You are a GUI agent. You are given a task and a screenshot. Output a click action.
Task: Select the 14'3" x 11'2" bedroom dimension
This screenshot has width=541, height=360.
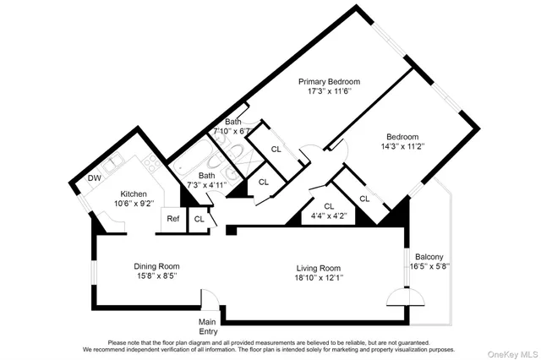click(x=402, y=146)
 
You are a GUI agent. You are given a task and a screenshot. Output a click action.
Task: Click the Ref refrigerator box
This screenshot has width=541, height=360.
click(x=172, y=219)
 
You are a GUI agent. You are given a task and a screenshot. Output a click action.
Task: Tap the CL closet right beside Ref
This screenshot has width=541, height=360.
click(x=199, y=219)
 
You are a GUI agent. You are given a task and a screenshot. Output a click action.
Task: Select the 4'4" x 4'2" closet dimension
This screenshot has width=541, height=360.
click(x=329, y=215)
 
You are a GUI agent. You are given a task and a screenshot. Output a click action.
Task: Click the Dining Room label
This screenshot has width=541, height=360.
click(x=157, y=266)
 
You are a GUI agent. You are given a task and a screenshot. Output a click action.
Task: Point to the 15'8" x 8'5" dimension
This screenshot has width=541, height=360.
click(x=157, y=275)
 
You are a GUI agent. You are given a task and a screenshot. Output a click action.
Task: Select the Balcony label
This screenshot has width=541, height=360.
click(x=429, y=257)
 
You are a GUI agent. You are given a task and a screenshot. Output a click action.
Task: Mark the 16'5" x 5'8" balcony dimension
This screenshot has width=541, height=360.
click(x=429, y=266)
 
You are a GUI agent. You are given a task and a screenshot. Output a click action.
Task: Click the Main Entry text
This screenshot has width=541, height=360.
click(x=208, y=326)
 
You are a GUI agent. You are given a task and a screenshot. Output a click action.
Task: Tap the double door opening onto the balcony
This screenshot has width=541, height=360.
click(x=406, y=297)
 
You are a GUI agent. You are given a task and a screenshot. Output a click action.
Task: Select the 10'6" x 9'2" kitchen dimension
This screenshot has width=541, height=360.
click(x=134, y=202)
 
